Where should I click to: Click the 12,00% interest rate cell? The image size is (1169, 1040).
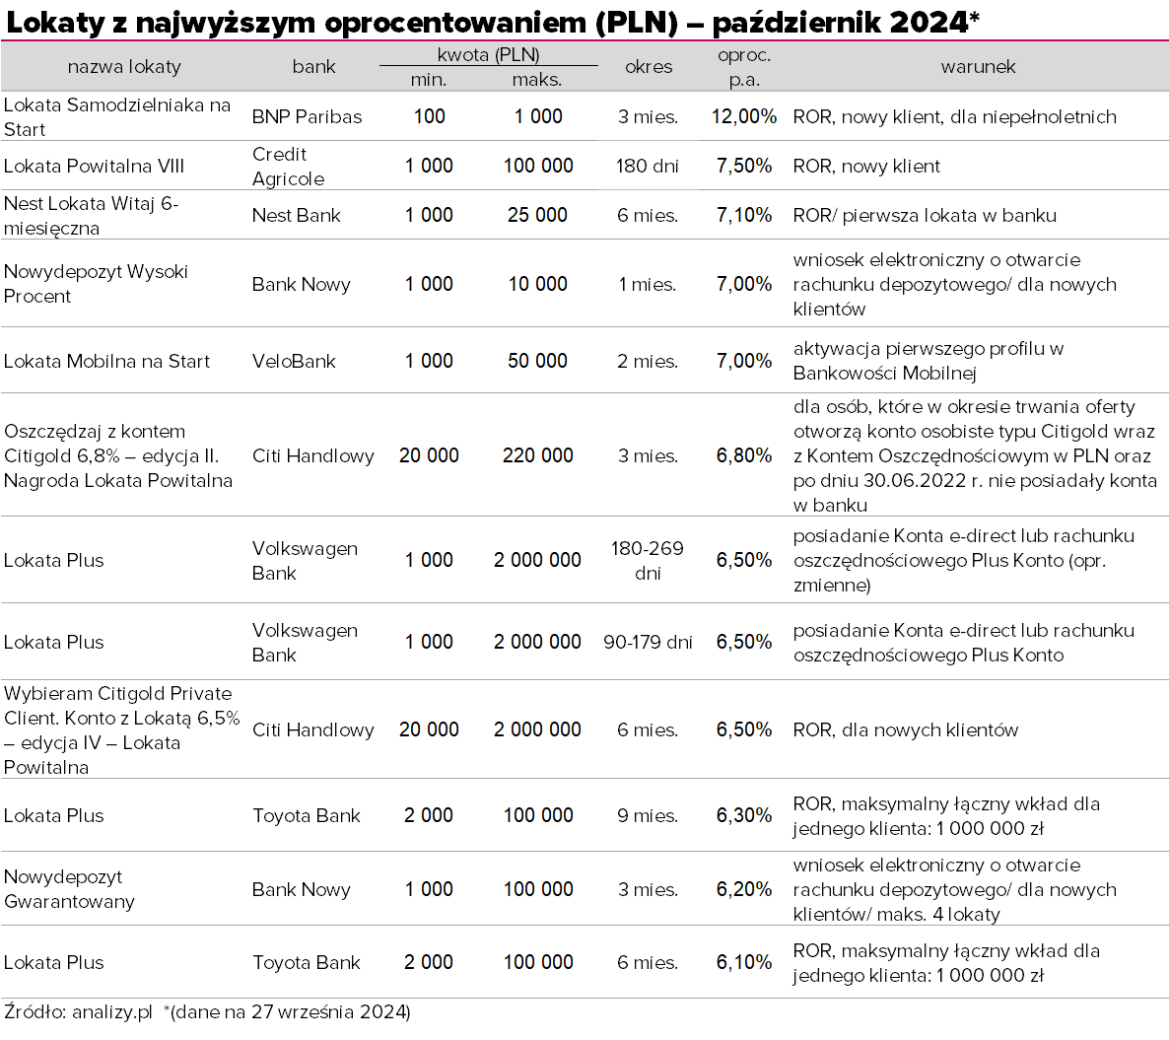coord(743,116)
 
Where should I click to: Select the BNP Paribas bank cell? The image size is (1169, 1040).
coord(307,116)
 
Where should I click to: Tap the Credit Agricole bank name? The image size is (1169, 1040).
coord(288,167)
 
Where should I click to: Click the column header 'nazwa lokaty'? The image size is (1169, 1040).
coord(124,67)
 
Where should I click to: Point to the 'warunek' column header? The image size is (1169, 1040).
coord(978,67)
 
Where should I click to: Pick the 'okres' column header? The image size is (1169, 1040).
coord(649,67)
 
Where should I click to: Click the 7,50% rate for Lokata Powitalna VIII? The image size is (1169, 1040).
coord(743,166)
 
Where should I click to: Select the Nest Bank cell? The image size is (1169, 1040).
coord(296,215)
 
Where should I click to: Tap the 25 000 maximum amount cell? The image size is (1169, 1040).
coord(537,215)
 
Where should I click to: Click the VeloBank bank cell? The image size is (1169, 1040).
coord(294,361)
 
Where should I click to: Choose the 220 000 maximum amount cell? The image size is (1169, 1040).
coord(537,455)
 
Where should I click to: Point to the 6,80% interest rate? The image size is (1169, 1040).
coord(743,455)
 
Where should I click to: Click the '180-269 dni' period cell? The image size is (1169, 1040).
coord(648,560)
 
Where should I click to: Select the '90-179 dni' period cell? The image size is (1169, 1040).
coord(648,642)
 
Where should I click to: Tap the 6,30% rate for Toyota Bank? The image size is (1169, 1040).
coord(743,815)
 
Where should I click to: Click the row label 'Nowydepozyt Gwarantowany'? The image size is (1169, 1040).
coord(69,889)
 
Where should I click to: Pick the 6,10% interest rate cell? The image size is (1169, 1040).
coord(743,962)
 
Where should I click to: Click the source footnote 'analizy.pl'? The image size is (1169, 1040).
coord(112,1011)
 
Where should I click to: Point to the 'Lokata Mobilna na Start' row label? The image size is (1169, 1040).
coord(106,361)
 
